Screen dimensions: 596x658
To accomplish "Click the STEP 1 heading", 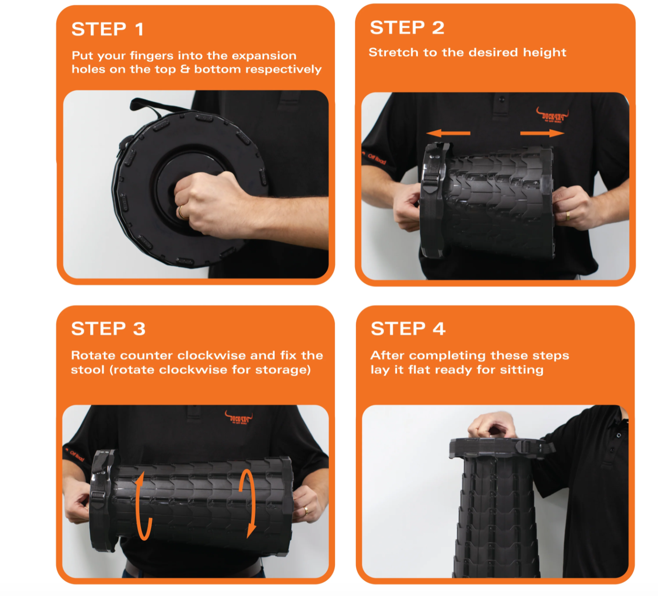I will click(x=108, y=29).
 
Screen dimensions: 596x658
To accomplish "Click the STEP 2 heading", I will click(x=407, y=28).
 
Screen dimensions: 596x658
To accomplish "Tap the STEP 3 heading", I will click(x=108, y=329).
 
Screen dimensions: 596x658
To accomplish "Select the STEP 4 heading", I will click(x=408, y=329).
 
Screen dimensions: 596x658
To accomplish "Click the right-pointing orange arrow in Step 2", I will click(x=542, y=133).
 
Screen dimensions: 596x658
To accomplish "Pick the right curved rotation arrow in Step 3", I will click(x=249, y=502).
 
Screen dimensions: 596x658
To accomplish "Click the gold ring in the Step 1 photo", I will click(x=181, y=212).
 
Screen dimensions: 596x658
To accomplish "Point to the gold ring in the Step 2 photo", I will click(x=567, y=216).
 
